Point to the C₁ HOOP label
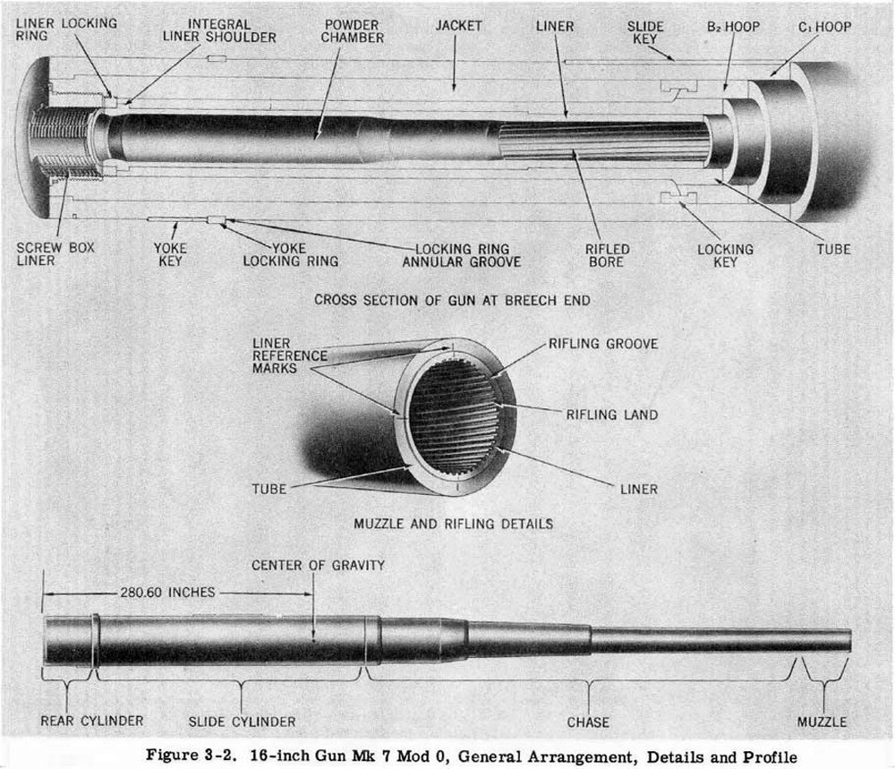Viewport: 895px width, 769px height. [824, 27]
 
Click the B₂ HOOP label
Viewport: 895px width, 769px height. [731, 27]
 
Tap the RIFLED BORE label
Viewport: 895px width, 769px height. [608, 255]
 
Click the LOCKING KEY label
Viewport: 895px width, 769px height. [725, 255]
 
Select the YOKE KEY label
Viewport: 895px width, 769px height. [169, 253]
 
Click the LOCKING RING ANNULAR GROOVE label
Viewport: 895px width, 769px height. [462, 255]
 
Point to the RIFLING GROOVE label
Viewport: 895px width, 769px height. [603, 344]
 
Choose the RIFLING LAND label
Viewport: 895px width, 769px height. [612, 414]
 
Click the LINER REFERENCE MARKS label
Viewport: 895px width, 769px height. [289, 355]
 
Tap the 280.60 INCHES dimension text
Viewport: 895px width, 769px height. [166, 592]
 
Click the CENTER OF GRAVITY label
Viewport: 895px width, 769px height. [318, 565]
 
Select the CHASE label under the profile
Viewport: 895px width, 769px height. [588, 722]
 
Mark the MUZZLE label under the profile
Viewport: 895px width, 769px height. [822, 722]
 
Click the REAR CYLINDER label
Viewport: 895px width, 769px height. [91, 721]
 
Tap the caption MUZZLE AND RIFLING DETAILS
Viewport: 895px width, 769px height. [453, 523]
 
